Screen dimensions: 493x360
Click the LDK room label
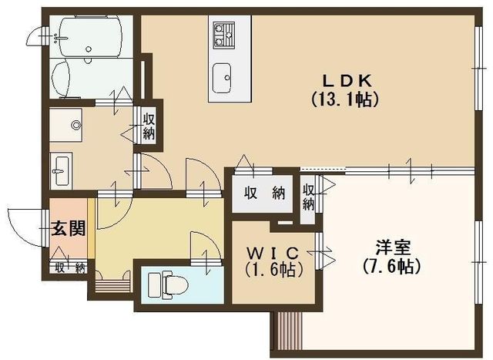[347, 81]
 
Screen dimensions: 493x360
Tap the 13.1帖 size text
[345, 99]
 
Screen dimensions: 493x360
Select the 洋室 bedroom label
[393, 247]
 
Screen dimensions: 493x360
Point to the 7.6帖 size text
[392, 266]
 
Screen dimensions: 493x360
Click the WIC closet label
[272, 252]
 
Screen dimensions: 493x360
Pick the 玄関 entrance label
[69, 228]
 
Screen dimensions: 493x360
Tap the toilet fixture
[168, 285]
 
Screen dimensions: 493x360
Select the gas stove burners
[224, 35]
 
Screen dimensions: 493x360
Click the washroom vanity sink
[61, 171]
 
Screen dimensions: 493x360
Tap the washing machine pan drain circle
[75, 125]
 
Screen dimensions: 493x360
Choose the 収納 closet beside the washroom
[149, 126]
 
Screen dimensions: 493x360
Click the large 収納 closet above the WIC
[263, 193]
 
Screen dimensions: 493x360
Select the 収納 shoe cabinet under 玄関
[69, 267]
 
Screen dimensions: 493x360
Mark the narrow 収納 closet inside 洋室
[308, 197]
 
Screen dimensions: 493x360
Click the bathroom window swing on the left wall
[34, 35]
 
